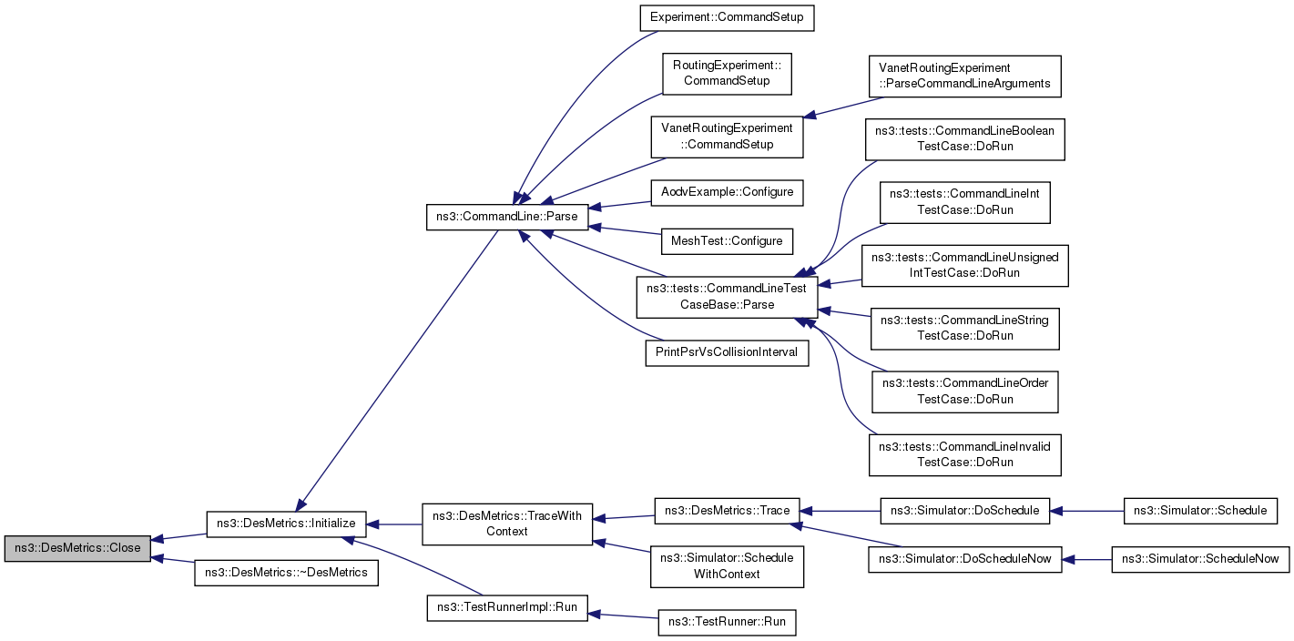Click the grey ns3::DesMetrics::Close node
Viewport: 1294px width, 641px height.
pyautogui.click(x=77, y=549)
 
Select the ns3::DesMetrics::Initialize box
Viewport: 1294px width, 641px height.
pyautogui.click(x=286, y=524)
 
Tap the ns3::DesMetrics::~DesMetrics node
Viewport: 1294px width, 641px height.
pyautogui.click(x=286, y=573)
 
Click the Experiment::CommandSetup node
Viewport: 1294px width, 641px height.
pyautogui.click(x=727, y=17)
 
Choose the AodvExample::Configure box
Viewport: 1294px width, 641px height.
pyautogui.click(x=727, y=192)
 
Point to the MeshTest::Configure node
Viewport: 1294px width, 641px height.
pyautogui.click(x=726, y=241)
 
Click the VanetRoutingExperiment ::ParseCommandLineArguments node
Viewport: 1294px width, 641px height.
pyautogui.click(x=964, y=76)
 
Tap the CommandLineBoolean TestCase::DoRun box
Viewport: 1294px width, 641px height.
pyautogui.click(x=964, y=138)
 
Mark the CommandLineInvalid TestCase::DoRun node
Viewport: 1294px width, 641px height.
pyautogui.click(x=964, y=454)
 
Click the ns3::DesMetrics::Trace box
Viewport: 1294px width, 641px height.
pyautogui.click(x=727, y=510)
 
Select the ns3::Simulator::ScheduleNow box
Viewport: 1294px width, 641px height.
pyautogui.click(x=1200, y=559)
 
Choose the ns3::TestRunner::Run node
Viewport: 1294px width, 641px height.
pyautogui.click(x=727, y=623)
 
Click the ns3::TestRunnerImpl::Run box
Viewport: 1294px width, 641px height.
pyautogui.click(x=507, y=607)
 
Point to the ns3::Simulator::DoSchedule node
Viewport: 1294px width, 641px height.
pyautogui.click(x=964, y=510)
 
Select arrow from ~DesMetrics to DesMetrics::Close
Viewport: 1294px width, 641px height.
pyautogui.click(x=173, y=560)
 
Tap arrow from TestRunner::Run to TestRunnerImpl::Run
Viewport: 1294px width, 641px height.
pyautogui.click(x=623, y=616)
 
